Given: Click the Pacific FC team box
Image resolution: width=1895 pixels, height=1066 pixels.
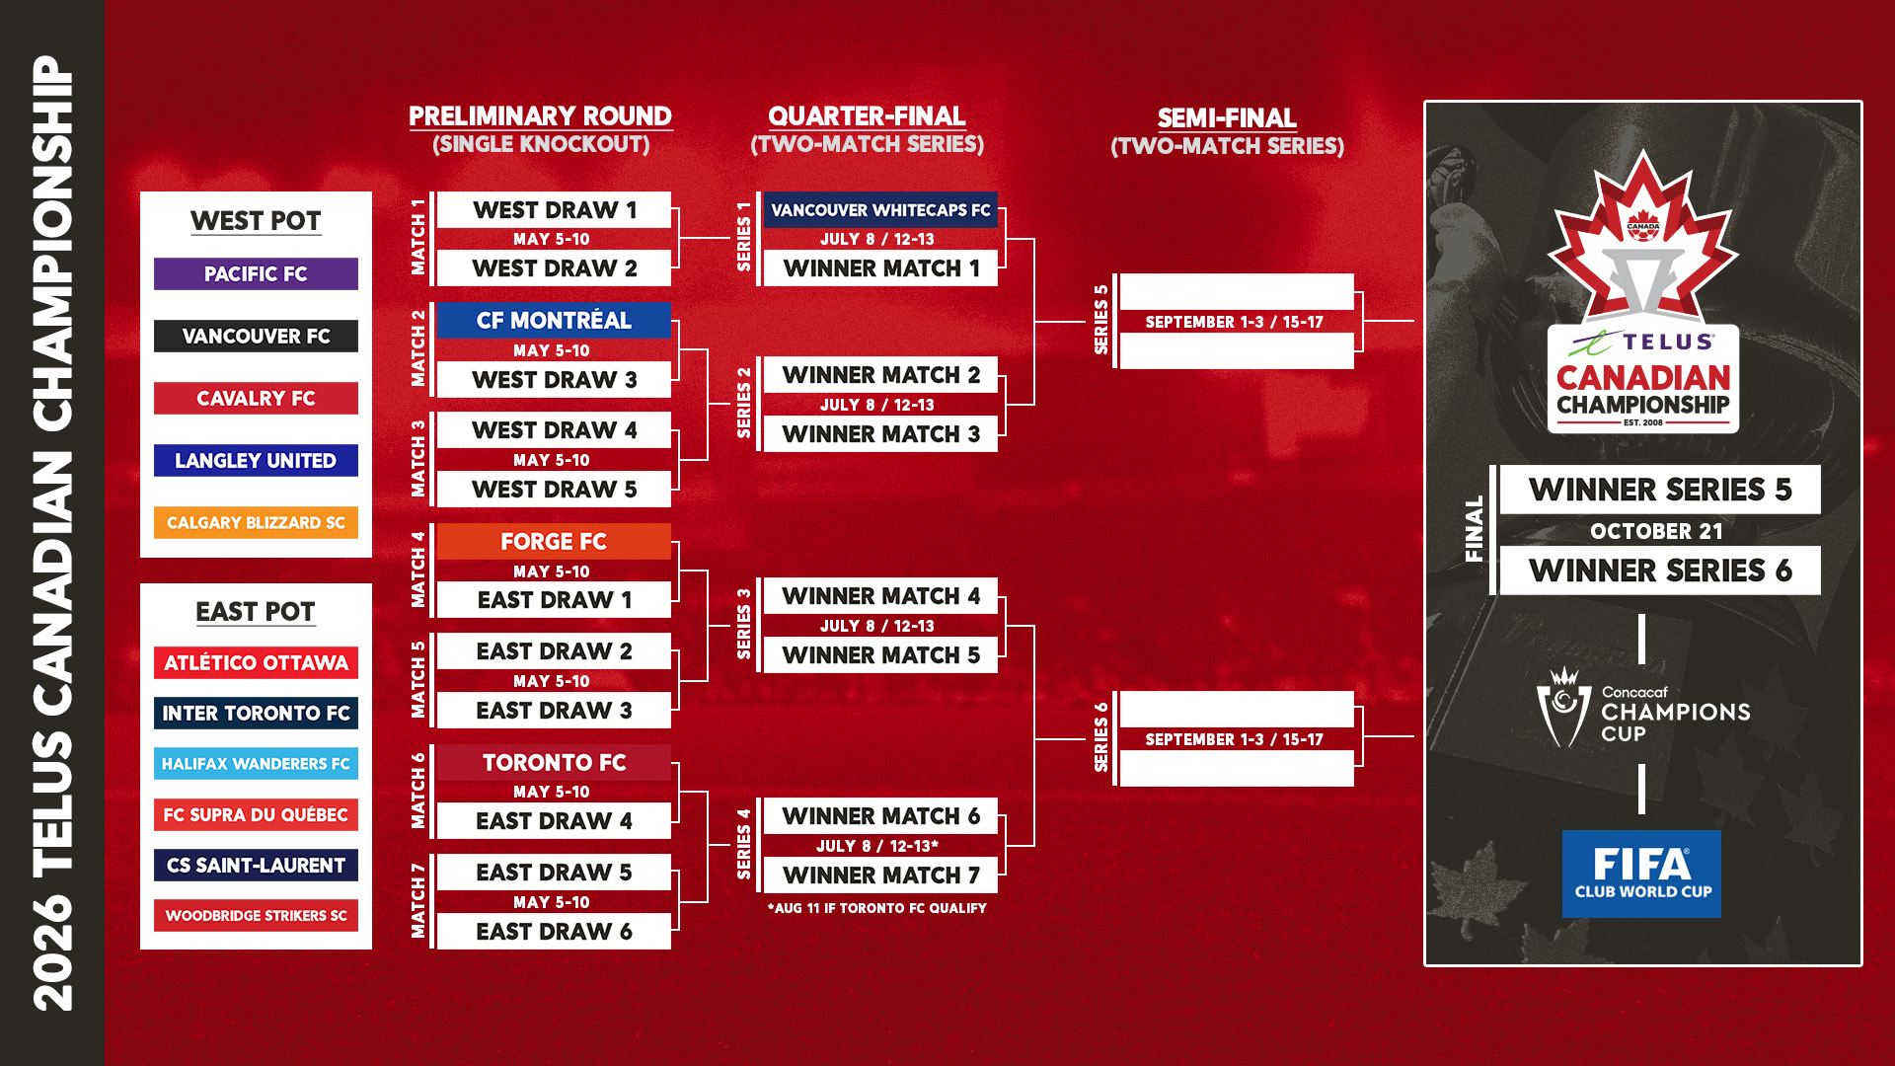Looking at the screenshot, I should click(256, 274).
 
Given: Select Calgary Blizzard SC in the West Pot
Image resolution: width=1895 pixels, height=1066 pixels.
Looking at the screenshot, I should click(256, 523).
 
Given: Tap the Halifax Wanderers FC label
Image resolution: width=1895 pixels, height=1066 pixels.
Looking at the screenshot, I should click(256, 764).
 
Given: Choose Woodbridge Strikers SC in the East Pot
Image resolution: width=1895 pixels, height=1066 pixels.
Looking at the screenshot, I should click(256, 916).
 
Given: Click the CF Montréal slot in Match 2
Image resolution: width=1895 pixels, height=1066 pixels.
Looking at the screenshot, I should click(554, 321).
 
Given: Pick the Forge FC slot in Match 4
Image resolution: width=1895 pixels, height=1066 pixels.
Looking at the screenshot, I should click(554, 542).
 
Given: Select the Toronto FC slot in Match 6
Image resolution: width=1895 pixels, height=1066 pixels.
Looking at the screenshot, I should click(554, 763).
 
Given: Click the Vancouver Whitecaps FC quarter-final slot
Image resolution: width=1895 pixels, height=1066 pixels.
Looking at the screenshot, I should click(880, 210).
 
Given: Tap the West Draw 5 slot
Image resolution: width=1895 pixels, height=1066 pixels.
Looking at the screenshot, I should click(554, 490).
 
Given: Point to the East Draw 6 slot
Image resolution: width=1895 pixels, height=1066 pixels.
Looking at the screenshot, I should click(554, 932).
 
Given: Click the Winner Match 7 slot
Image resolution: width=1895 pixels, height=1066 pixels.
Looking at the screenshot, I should click(880, 876).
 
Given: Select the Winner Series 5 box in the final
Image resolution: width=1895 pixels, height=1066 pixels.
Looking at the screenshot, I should click(1660, 490).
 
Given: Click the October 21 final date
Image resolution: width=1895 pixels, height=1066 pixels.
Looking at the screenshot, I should click(1656, 531).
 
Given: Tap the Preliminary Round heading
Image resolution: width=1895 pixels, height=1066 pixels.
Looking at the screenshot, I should click(540, 116).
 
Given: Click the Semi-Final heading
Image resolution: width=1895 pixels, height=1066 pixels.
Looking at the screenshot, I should click(1227, 118).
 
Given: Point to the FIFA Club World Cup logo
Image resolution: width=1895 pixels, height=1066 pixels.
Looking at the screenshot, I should click(1641, 874).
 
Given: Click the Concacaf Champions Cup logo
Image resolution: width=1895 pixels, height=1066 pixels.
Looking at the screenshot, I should click(1642, 712).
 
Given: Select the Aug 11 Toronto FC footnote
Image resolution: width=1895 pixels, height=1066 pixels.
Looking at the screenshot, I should click(876, 908).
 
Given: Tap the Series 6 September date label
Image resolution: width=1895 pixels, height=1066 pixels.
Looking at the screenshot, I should click(1234, 739).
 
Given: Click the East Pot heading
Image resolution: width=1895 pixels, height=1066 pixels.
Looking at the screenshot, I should click(256, 612).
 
